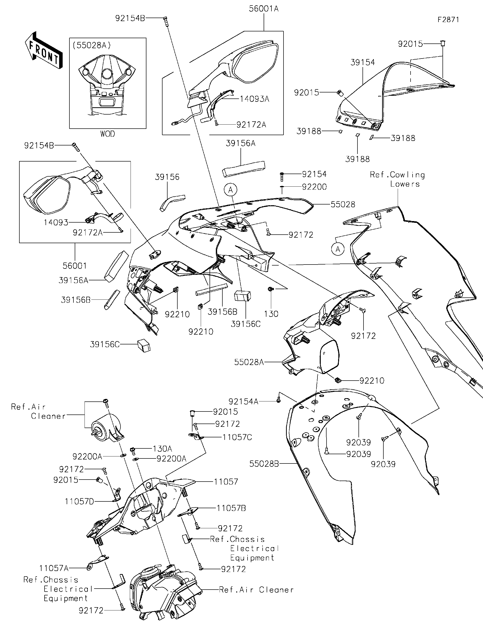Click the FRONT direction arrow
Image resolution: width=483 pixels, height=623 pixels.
click(44, 50)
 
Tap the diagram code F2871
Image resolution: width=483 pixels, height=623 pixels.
click(448, 20)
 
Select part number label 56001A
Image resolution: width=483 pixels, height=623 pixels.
click(263, 9)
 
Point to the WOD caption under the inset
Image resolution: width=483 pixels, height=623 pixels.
click(107, 134)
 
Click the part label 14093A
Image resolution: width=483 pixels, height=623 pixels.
click(254, 99)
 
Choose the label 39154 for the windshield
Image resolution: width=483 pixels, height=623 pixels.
click(363, 63)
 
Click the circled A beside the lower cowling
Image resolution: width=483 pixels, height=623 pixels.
click(338, 249)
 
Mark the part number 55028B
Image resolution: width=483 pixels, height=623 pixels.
click(264, 464)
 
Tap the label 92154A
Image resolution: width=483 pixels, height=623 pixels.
click(243, 402)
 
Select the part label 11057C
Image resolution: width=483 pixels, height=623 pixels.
click(237, 437)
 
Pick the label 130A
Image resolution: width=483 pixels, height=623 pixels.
click(162, 449)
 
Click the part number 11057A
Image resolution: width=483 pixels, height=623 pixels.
click(54, 568)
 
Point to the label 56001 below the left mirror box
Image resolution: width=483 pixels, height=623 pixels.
click(74, 266)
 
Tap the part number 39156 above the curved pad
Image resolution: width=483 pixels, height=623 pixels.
click(167, 177)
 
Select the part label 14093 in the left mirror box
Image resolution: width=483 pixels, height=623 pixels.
click(56, 222)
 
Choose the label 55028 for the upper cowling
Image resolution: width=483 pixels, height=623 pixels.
click(343, 204)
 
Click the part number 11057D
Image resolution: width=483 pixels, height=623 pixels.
click(79, 501)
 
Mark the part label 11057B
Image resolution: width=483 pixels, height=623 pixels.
click(231, 508)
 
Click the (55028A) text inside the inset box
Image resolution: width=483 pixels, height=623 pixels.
click(91, 45)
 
